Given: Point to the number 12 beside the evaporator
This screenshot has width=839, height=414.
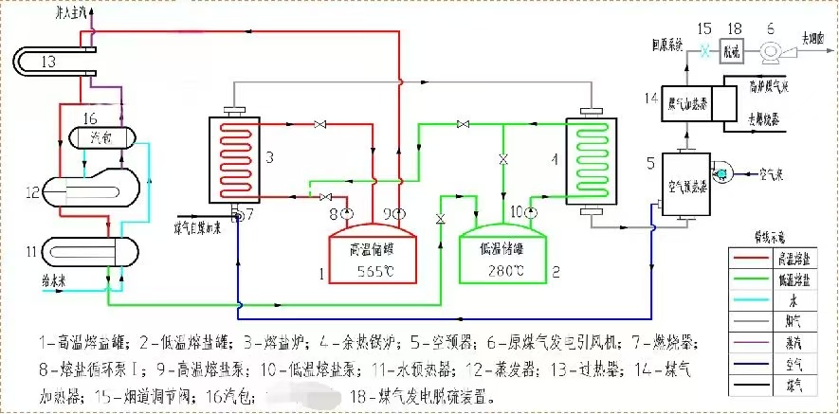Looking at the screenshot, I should coord(34,193).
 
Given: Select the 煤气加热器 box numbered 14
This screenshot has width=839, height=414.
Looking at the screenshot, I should coord(692,103).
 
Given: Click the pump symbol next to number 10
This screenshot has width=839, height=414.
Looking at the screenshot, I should coord(528,210).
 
